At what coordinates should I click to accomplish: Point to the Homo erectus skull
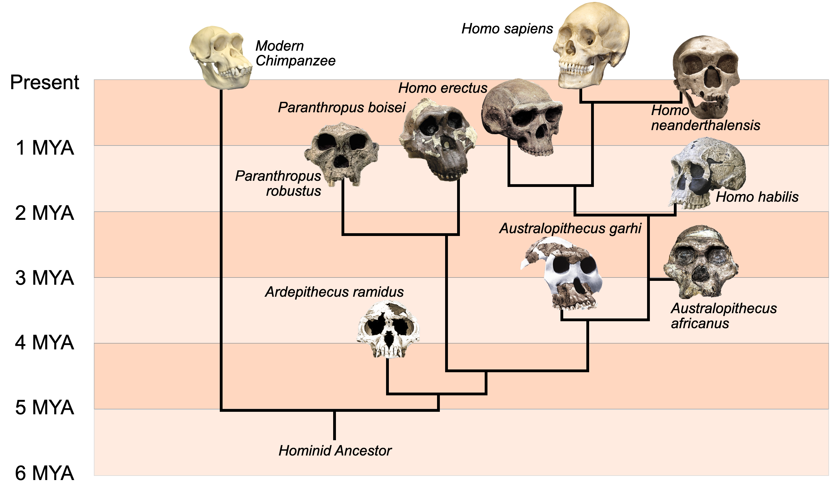522,117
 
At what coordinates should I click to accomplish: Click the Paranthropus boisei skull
438,139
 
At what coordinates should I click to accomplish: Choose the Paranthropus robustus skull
342,154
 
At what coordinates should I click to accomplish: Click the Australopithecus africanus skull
701,262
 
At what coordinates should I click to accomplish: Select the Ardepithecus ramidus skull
388,329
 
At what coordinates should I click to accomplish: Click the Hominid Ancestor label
335,451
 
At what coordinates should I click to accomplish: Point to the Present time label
45,82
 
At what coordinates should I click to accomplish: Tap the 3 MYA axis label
45,278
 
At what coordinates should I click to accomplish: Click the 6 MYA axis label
45,473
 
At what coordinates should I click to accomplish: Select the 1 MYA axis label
45,148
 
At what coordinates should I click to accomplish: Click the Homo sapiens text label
507,29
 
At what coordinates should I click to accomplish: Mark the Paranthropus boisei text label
342,108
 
